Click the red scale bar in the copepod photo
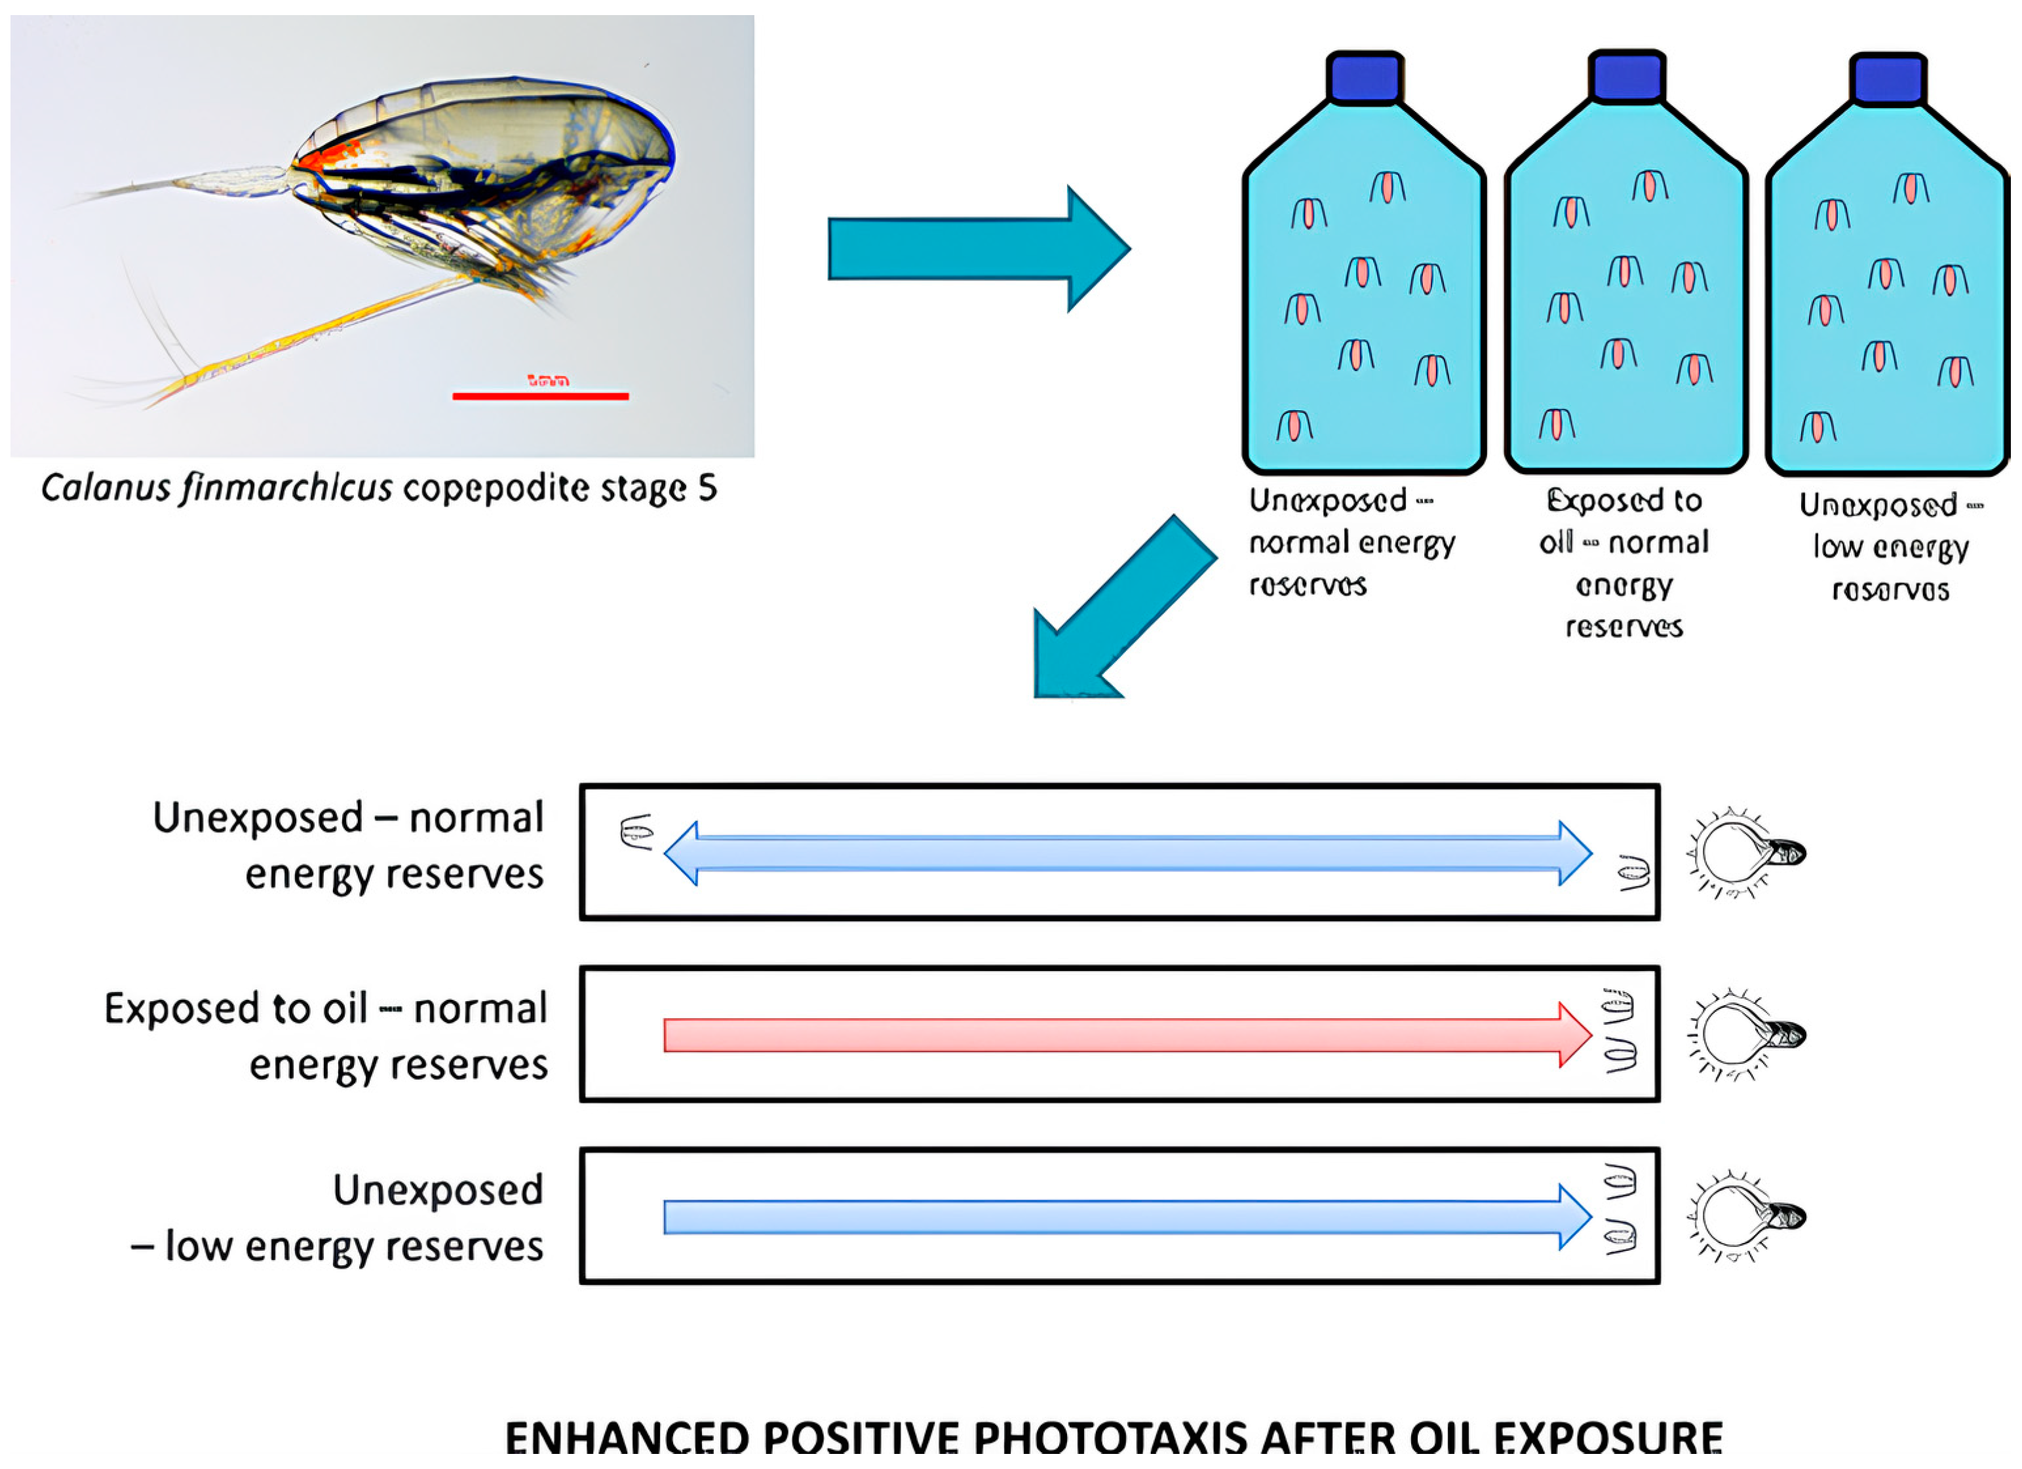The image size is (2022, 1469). tap(540, 396)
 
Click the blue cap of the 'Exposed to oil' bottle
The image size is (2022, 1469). tap(1627, 77)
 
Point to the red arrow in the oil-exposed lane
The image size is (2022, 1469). tap(1123, 1035)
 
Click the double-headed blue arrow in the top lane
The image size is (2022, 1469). tap(1128, 853)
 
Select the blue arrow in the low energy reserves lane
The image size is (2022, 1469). tap(1123, 1217)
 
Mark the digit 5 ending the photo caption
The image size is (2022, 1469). tap(707, 489)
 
